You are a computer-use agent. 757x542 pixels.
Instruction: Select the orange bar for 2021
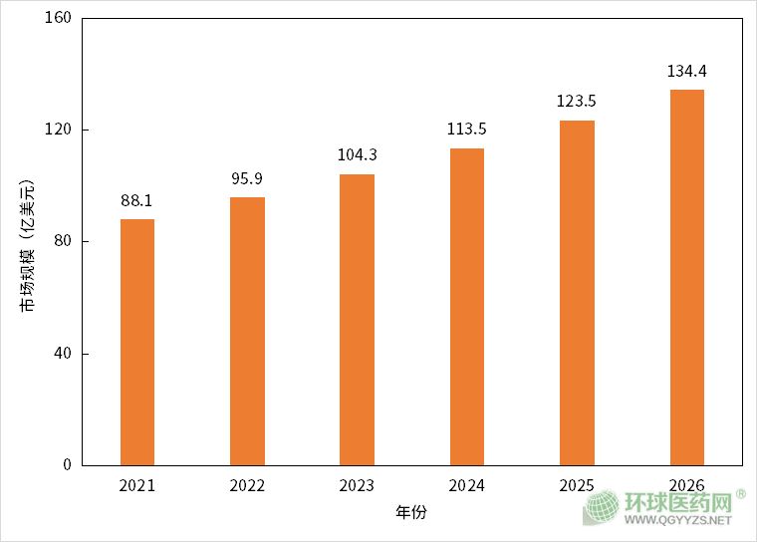[x=137, y=342]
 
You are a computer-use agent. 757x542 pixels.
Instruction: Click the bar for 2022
[x=247, y=331]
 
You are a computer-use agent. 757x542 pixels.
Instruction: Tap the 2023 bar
[x=357, y=319]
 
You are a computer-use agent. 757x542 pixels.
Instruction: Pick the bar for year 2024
[x=467, y=306]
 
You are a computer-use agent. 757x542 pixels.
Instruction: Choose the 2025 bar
[x=577, y=292]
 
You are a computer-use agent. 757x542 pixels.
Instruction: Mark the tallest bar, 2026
[x=687, y=277]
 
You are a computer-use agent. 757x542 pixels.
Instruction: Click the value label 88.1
[x=137, y=201]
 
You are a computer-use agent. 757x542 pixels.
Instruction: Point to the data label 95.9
[x=247, y=179]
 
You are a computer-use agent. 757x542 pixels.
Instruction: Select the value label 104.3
[x=357, y=155]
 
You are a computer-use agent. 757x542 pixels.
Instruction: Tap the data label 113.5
[x=467, y=130]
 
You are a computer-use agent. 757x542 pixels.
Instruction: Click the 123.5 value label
[x=577, y=102]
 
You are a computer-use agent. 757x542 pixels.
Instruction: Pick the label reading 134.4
[x=687, y=72]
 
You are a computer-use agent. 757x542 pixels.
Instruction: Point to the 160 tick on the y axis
[x=59, y=19]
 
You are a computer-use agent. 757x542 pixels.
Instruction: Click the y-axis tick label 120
[x=59, y=131]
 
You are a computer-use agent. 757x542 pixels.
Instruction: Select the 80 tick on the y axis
[x=63, y=242]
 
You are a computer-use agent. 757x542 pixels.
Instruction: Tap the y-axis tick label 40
[x=63, y=354]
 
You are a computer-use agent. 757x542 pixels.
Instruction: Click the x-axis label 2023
[x=357, y=486]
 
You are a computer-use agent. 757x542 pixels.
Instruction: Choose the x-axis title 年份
[x=410, y=513]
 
